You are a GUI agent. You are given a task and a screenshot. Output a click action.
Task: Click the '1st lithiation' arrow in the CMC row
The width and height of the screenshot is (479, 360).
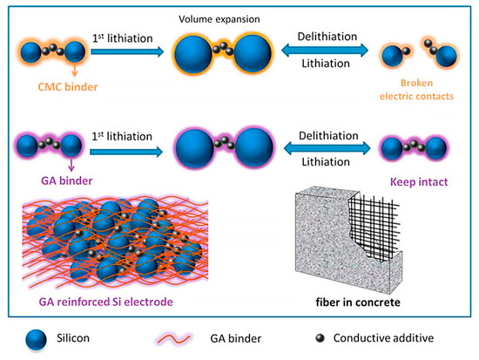[x=124, y=52]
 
